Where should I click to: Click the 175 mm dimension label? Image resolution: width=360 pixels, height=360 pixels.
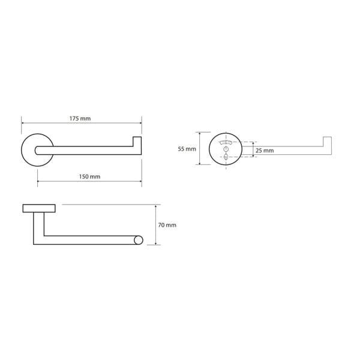80,118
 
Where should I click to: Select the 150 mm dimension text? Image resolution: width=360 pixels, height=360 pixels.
89,176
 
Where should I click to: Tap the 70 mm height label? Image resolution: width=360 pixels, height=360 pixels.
167,225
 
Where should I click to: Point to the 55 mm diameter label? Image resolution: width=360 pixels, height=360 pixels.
187,149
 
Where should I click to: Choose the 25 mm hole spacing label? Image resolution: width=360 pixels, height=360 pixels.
265,151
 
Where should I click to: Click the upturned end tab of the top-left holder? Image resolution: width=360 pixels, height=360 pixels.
137,142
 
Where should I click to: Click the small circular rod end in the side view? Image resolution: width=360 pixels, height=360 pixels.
139,240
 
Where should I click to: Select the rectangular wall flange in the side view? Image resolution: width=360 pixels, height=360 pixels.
39,208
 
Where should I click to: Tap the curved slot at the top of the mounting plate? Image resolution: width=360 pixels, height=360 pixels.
226,142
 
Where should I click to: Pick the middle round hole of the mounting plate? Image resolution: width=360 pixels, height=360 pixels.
226,149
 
